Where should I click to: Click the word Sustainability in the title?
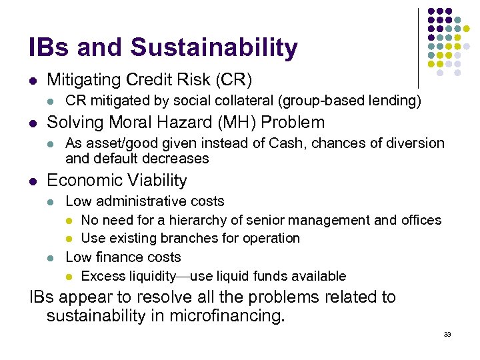click(214, 47)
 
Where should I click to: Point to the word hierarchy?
click(199, 220)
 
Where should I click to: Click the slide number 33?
click(447, 334)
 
